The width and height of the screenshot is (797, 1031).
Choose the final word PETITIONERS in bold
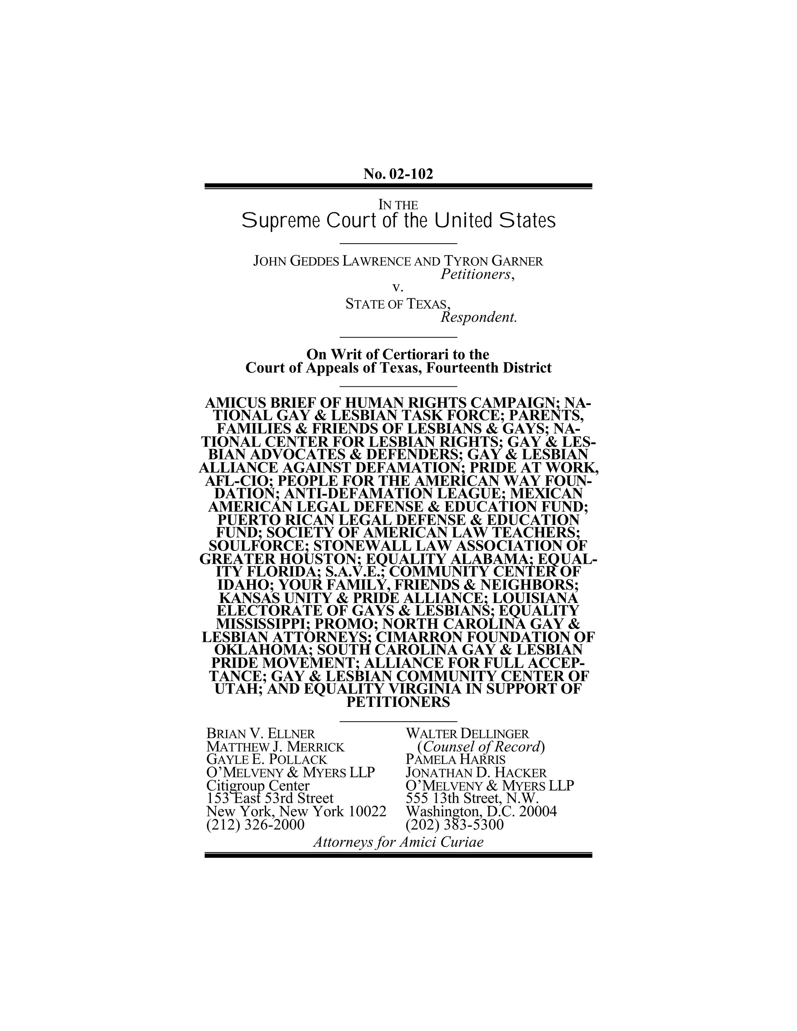[x=398, y=702]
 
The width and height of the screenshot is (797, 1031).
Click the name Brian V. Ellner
[x=261, y=734]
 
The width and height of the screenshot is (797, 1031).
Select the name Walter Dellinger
[x=467, y=734]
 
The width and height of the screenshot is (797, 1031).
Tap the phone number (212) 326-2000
[x=255, y=825]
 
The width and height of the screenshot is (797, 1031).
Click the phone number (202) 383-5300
[x=455, y=825]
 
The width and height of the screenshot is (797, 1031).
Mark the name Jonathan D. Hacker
[x=476, y=773]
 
